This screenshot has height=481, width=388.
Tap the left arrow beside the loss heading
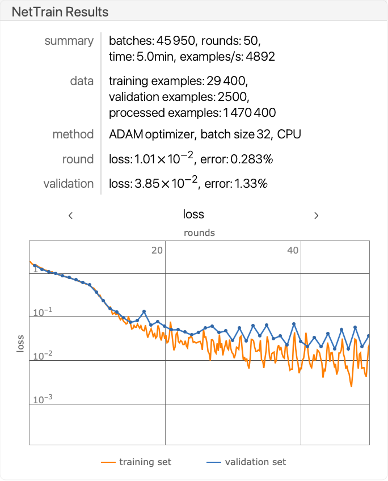coord(70,215)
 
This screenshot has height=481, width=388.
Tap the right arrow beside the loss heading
coord(317,215)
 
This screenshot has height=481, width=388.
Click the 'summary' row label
coord(69,41)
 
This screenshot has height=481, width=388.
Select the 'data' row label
coord(82,81)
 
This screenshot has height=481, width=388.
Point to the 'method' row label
coord(73,134)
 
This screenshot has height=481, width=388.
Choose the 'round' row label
coord(78,159)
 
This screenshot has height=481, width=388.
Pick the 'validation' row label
coord(69,184)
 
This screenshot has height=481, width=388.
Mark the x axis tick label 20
coord(157,250)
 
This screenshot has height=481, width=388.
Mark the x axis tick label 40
coord(293,250)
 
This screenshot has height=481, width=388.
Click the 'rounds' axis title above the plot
coord(199,233)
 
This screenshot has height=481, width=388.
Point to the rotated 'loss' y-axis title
coord(20,343)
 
